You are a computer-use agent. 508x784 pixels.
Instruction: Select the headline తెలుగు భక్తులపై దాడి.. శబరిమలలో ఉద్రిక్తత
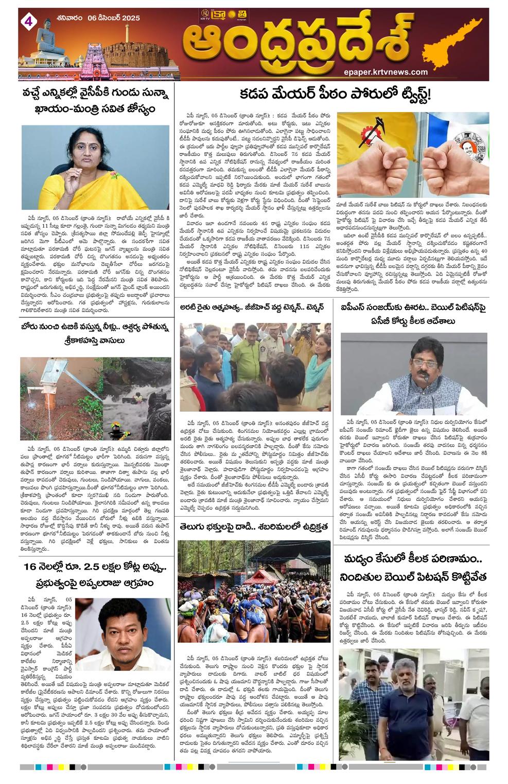pos(254,527)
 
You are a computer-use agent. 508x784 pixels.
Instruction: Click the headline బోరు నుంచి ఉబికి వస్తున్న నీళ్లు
pos(96,333)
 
